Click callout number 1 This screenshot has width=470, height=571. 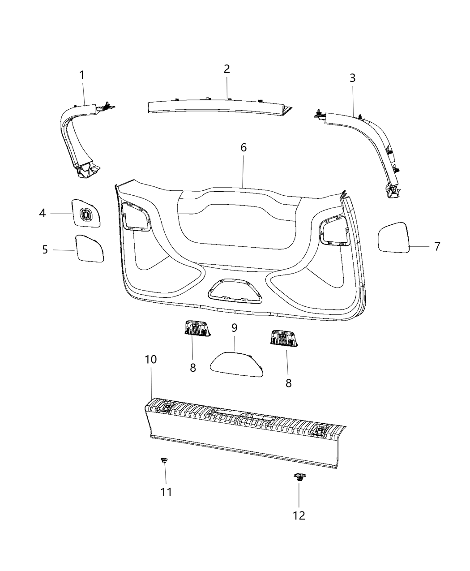point(82,75)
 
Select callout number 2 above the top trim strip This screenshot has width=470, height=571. point(226,69)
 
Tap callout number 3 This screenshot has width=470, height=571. point(352,77)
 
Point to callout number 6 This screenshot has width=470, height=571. point(244,147)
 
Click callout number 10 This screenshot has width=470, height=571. point(151,359)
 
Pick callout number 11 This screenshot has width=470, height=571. point(166,492)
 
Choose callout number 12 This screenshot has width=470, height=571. point(299,515)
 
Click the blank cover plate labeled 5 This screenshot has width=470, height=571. point(90,248)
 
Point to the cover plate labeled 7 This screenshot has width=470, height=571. point(394,237)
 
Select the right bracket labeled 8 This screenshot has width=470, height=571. point(283,338)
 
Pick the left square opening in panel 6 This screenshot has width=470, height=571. point(135,215)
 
